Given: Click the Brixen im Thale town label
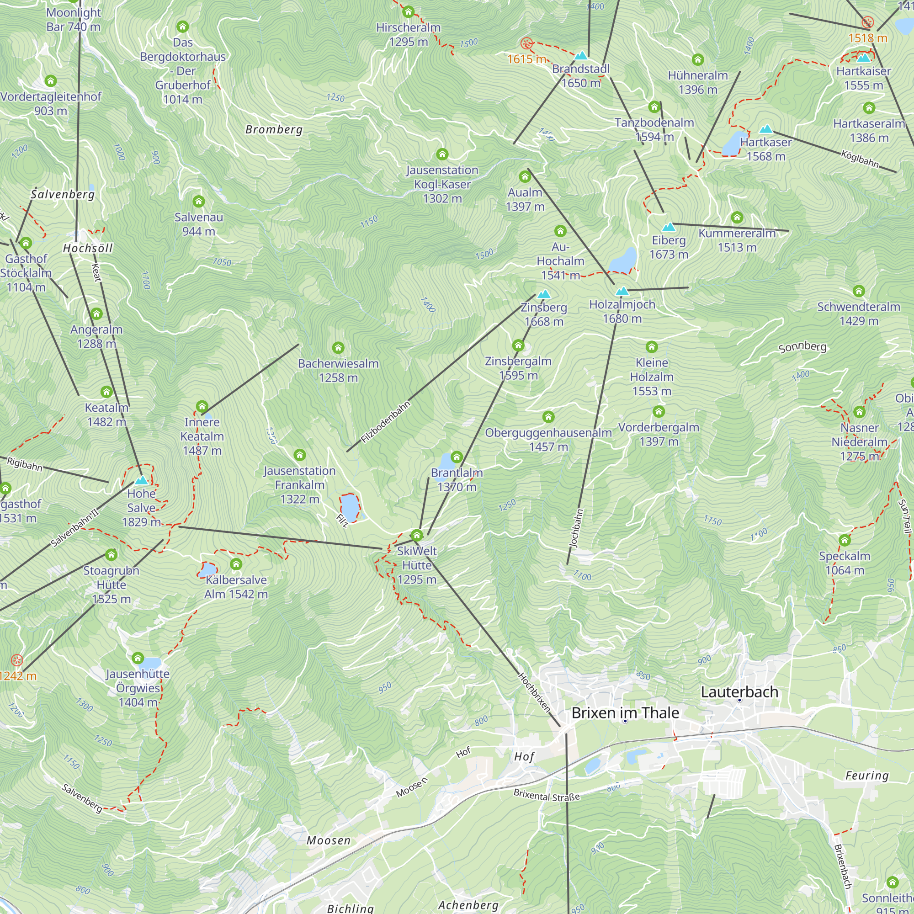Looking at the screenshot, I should (625, 712).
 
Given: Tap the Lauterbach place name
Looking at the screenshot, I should (739, 691).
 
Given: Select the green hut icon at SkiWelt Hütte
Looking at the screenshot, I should (417, 535).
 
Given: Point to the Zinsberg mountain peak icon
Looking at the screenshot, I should (544, 294).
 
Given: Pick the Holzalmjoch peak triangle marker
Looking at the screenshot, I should (622, 292).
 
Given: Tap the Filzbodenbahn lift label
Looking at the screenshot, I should (385, 422).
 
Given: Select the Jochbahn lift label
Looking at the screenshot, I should (576, 528).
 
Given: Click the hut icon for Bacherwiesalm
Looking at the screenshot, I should (338, 348).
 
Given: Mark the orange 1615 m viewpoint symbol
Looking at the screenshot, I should (526, 43).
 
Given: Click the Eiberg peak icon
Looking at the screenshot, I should (669, 227).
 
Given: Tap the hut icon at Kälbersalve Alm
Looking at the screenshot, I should (236, 564).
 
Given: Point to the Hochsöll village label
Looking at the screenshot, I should (88, 248).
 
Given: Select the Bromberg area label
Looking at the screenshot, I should (274, 129).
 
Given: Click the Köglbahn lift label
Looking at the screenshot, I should (860, 159).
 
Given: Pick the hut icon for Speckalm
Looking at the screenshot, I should (845, 540).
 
